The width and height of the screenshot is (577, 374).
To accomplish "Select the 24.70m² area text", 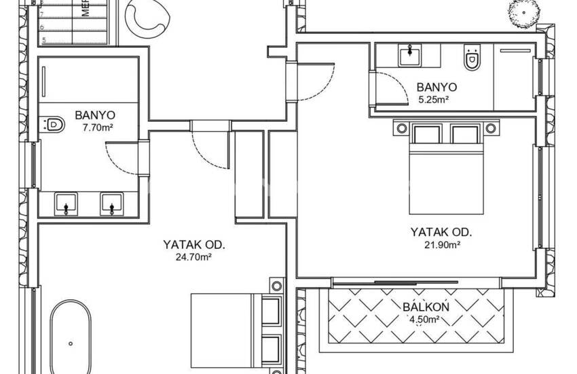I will tap(194, 257).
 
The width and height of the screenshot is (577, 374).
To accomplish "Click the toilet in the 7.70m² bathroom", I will tap(53, 124).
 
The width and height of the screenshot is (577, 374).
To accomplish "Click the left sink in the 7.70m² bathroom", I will tap(66, 202).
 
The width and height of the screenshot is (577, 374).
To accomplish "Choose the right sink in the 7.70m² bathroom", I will tap(111, 202).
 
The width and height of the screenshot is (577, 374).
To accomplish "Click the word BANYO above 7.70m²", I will tap(95, 115).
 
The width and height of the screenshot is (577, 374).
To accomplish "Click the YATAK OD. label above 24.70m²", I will tap(194, 245).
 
